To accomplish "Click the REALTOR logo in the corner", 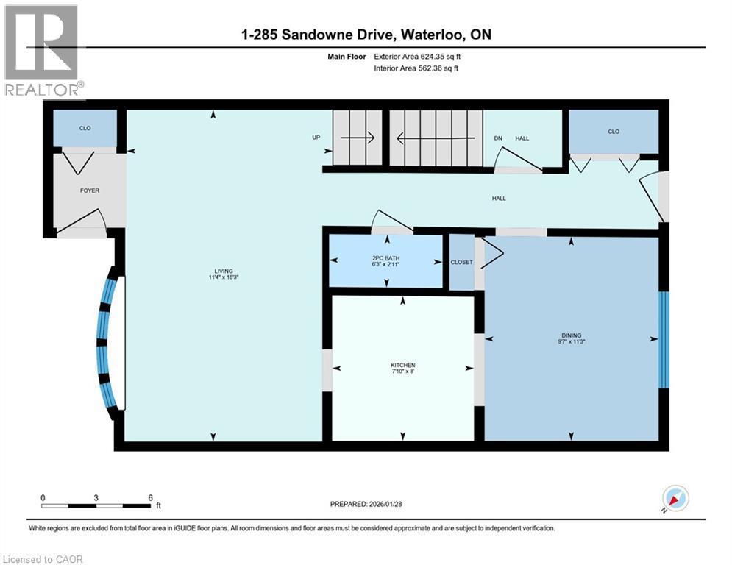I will [x=42, y=50].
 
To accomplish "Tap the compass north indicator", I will [x=675, y=499].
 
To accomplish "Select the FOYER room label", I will [x=90, y=191].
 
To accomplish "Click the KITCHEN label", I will [x=402, y=366].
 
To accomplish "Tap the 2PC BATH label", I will [x=385, y=257].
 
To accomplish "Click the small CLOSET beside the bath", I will [x=461, y=262].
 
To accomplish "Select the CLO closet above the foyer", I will [x=85, y=129].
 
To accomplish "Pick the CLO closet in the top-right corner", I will [x=614, y=132].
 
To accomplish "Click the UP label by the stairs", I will [x=316, y=138].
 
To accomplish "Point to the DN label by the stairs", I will [x=497, y=138].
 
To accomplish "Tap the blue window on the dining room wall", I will [x=663, y=340].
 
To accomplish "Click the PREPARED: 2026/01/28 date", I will [x=370, y=504].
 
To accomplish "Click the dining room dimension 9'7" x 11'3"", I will [x=572, y=341].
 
